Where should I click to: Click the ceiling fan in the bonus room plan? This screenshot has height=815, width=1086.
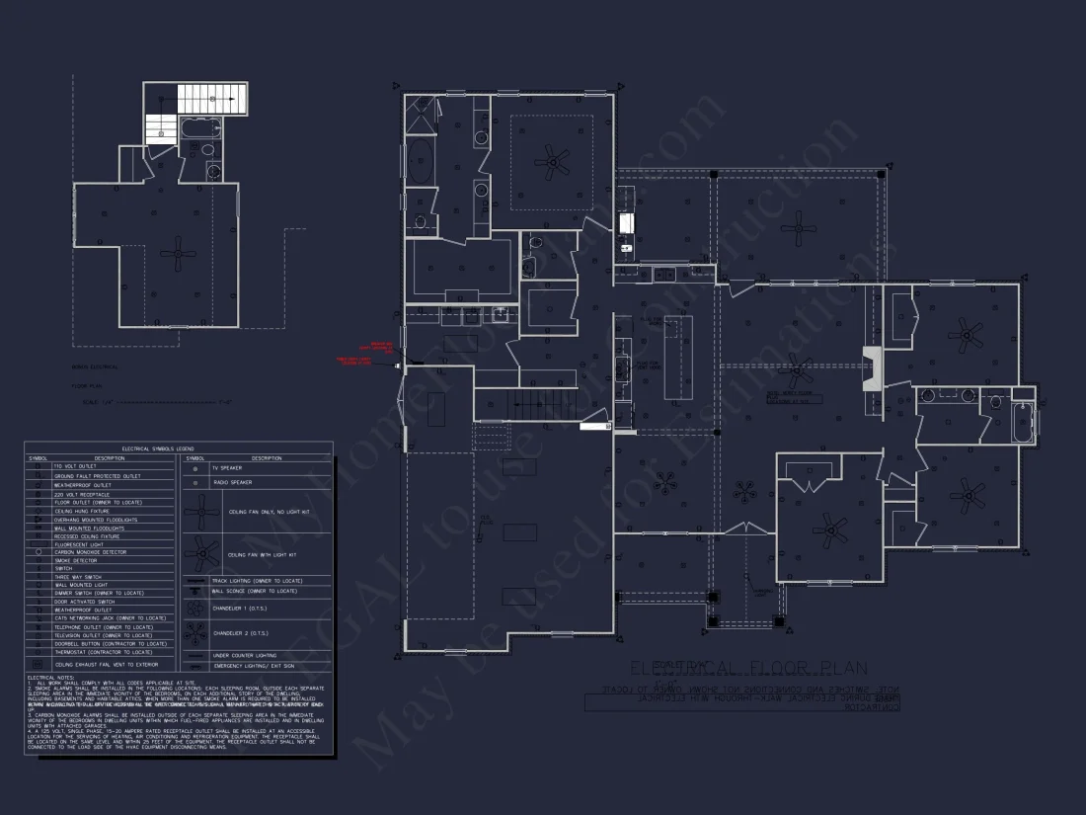pos(179,254)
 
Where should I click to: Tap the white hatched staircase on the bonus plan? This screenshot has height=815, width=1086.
pos(211,99)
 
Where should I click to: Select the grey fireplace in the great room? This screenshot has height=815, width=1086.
pos(873,368)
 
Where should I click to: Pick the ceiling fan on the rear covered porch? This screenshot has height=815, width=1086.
pos(798,230)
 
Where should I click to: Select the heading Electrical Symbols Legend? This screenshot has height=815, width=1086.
pos(179,448)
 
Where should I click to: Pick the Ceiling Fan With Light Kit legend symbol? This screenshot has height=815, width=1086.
pos(202,554)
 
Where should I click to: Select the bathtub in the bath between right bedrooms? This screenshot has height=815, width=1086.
pos(1022,422)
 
